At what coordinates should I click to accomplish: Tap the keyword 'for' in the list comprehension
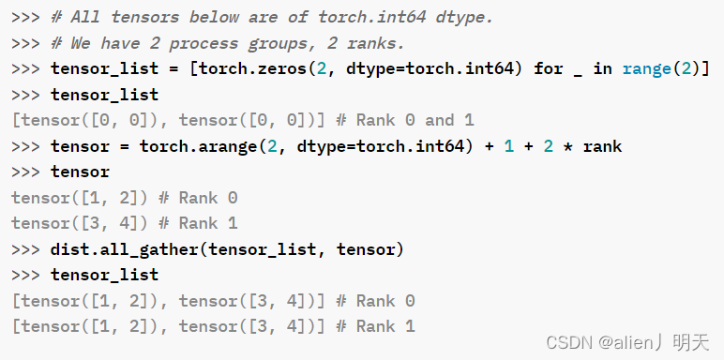(549, 68)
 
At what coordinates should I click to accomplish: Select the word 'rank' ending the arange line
(602, 146)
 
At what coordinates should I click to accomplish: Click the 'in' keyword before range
(602, 68)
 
